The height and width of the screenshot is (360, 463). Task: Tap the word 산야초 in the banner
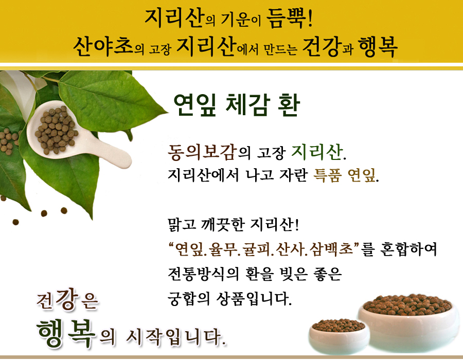[103, 47]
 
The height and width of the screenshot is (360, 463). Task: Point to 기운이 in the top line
[241, 20]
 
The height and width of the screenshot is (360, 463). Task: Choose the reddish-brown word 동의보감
[203, 152]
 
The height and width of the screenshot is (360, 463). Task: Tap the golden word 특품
[327, 175]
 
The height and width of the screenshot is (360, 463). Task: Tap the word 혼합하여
[408, 249]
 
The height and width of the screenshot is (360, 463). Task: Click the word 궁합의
[189, 299]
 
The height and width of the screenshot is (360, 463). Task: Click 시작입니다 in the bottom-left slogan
[176, 337]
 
